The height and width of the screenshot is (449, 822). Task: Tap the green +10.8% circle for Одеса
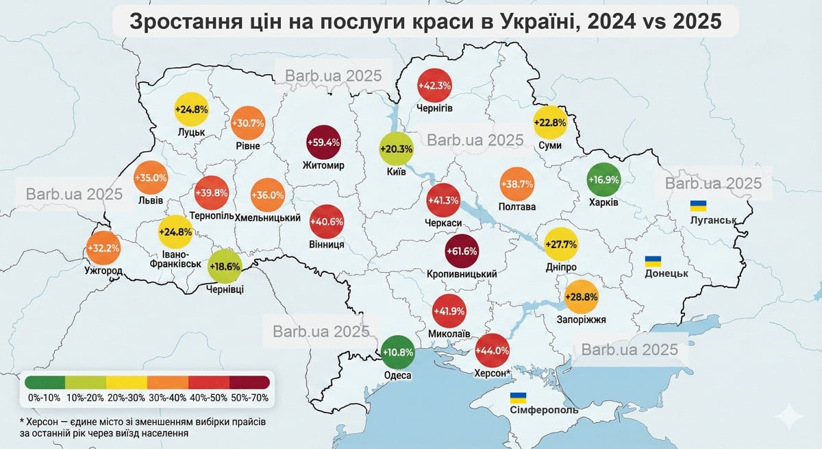coord(397,352)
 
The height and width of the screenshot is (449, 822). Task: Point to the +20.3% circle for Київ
coord(397,149)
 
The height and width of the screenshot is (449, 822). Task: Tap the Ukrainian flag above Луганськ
coord(698,205)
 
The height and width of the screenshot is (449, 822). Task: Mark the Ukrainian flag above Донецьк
coord(653,260)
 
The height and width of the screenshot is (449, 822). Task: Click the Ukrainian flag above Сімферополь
coord(519,398)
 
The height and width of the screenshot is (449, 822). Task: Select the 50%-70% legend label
coord(250,397)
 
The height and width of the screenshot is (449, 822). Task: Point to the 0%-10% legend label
coord(45,397)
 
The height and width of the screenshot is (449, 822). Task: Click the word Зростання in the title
coord(184,21)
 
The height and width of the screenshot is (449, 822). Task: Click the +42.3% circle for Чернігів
coord(434,86)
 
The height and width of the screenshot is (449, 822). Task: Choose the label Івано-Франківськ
coord(176,258)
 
